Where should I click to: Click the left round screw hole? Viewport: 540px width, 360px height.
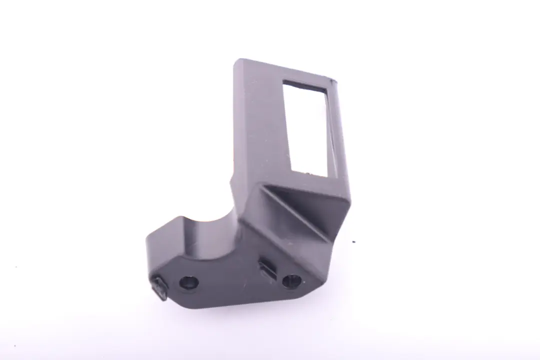pyautogui.click(x=189, y=283)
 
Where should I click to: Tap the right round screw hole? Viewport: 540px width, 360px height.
pyautogui.click(x=291, y=281)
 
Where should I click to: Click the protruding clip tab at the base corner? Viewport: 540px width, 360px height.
pyautogui.click(x=159, y=288)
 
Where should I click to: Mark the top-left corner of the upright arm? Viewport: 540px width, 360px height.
pyautogui.click(x=236, y=61)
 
